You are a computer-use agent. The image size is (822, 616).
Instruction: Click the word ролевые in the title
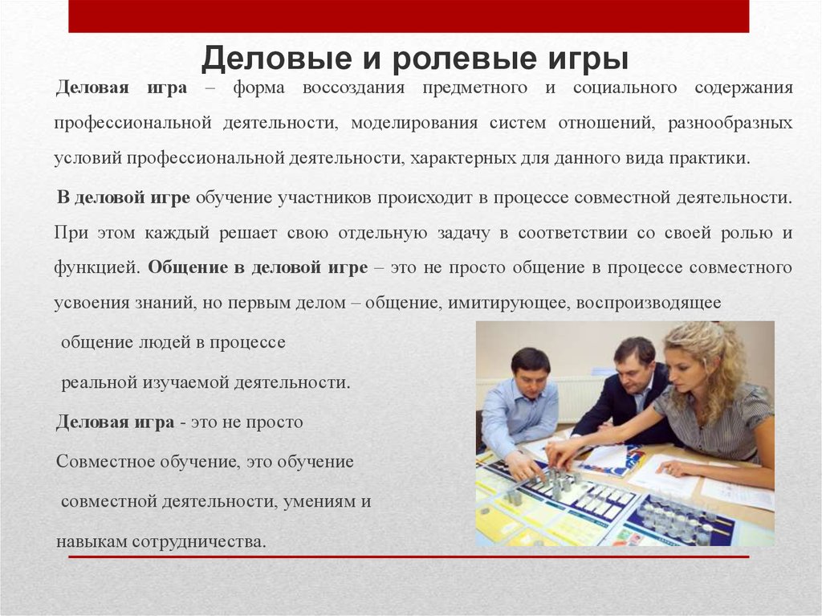tap(463, 59)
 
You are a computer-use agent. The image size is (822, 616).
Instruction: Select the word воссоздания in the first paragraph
tap(354, 87)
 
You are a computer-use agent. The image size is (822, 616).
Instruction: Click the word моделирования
tap(414, 123)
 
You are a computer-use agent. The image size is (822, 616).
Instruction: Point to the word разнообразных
tap(730, 123)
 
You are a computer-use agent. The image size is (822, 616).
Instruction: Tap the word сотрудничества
tap(199, 542)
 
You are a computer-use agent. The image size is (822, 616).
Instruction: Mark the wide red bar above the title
tap(409, 16)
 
